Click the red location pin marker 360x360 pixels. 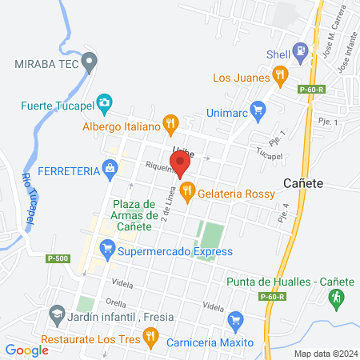pyautogui.click(x=180, y=163)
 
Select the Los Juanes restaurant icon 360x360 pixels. pyautogui.click(x=279, y=78)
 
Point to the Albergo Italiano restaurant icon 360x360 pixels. pyautogui.click(x=170, y=124)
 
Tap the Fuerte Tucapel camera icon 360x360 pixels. pyautogui.click(x=106, y=104)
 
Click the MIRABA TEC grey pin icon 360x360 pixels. pyautogui.click(x=90, y=61)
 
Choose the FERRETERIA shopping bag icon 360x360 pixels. pyautogui.click(x=111, y=169)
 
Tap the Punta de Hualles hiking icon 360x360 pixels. pyautogui.click(x=336, y=297)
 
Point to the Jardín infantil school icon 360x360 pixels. pyautogui.click(x=56, y=314)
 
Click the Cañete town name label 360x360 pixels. pyautogui.click(x=303, y=183)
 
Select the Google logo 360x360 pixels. pyautogui.click(x=26, y=350)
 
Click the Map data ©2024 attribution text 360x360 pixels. pyautogui.click(x=325, y=353)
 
